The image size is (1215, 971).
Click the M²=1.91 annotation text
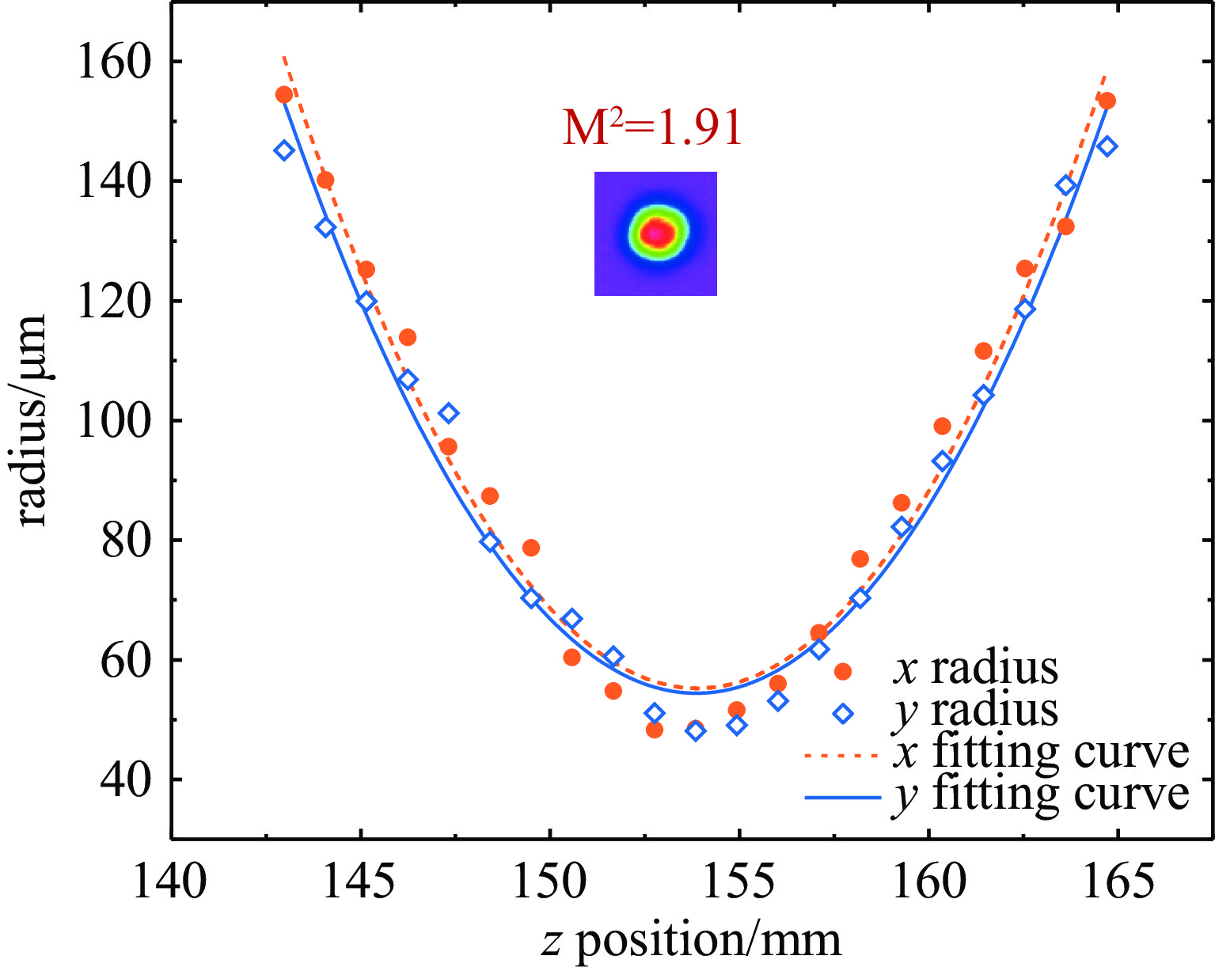click(652, 129)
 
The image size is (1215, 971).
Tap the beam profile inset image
click(655, 233)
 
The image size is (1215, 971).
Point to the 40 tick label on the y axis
click(125, 779)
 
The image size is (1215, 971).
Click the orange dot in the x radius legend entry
click(843, 672)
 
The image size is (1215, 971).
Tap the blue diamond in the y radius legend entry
click(843, 714)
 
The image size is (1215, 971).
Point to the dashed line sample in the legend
click(842, 756)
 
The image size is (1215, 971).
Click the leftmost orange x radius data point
click(284, 95)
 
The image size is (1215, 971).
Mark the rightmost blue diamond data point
click(1107, 146)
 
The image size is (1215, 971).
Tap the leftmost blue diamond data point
click(284, 150)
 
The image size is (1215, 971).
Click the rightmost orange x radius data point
click(1107, 101)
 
